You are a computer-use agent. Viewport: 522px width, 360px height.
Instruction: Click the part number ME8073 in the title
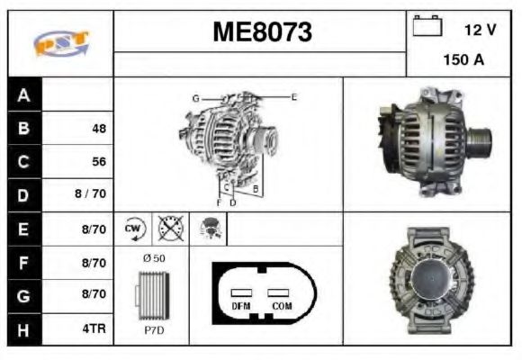262,32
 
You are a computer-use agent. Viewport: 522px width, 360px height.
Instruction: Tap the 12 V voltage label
480,30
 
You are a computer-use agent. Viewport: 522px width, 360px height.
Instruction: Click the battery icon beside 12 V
425,28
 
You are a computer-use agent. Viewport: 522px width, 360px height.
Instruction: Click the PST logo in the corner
60,43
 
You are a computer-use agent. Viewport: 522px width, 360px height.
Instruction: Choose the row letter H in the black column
24,329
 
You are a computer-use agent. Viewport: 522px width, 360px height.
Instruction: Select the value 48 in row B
98,129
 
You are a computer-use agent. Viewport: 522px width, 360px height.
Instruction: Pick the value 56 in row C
98,162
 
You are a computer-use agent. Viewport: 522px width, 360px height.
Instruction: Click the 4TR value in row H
94,329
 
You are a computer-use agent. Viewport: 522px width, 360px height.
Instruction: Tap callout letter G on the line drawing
195,97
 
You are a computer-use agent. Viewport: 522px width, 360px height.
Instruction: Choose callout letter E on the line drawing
293,96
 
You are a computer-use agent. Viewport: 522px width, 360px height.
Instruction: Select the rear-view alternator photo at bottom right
429,279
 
